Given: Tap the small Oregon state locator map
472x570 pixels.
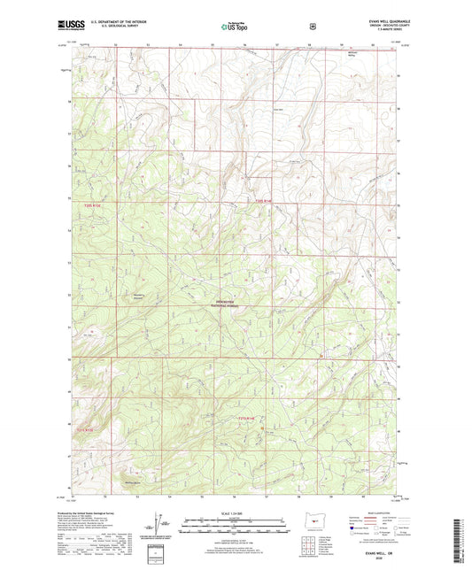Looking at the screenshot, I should pyautogui.click(x=309, y=523).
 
